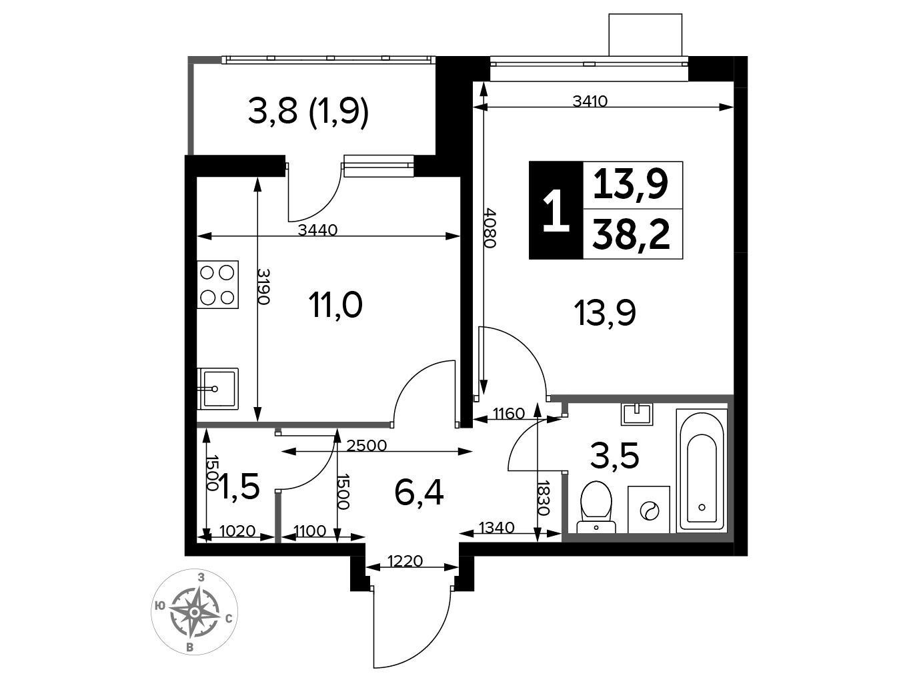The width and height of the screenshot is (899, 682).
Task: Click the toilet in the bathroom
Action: [x=596, y=506]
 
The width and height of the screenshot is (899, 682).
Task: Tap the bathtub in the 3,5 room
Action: [x=702, y=470]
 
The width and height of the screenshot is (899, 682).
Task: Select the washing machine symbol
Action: [x=649, y=509]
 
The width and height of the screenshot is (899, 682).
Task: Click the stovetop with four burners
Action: [x=217, y=284]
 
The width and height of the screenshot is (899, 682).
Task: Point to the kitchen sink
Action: [x=217, y=388]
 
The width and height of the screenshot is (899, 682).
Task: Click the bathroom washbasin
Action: [x=638, y=414]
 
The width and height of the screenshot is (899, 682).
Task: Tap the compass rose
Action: [x=194, y=612]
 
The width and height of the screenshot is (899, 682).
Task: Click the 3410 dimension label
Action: [x=590, y=101]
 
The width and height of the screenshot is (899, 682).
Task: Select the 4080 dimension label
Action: [x=490, y=228]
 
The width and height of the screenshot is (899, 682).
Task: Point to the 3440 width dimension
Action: [x=317, y=230]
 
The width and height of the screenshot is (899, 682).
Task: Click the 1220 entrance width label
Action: [x=405, y=561]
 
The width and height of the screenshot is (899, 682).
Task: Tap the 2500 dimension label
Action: [x=367, y=446]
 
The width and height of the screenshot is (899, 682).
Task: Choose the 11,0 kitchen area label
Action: [x=335, y=306]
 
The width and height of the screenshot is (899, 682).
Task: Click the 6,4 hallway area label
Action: [x=419, y=493]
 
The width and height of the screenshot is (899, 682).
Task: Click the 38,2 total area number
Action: [x=631, y=235]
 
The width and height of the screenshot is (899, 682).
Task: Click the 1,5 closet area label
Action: [x=240, y=486]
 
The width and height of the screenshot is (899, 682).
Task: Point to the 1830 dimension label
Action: [x=543, y=498]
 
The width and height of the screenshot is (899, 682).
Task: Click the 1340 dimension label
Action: [x=496, y=527]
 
